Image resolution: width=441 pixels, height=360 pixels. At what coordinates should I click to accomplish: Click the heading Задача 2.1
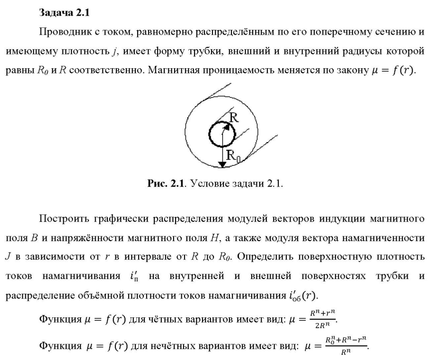[64, 13]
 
